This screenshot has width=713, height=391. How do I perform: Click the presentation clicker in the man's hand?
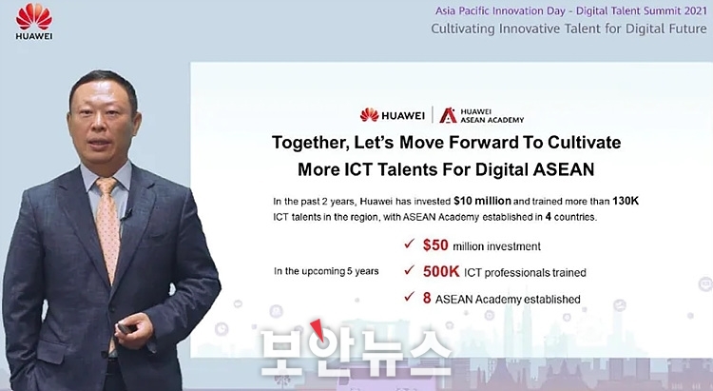click(x=125, y=328)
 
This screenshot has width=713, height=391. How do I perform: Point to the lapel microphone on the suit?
click(x=126, y=214)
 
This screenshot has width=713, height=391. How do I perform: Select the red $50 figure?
click(x=435, y=245)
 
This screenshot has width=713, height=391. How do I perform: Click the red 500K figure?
click(x=441, y=271)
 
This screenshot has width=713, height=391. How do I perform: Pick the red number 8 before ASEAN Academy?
click(x=427, y=298)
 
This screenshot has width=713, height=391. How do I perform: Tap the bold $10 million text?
click(x=482, y=201)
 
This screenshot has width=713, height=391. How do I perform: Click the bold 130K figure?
click(x=626, y=201)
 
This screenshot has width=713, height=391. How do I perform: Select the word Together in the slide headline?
click(x=311, y=143)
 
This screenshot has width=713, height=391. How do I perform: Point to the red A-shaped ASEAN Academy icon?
click(x=448, y=116)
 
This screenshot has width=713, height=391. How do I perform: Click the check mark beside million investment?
click(x=409, y=244)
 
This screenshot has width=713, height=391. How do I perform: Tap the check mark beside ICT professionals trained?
click(x=409, y=270)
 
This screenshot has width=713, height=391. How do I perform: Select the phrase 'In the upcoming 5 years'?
click(x=326, y=271)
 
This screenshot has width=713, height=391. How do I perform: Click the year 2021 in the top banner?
click(x=694, y=10)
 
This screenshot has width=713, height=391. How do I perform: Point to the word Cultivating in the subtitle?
click(x=463, y=29)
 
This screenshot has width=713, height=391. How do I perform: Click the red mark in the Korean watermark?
click(x=318, y=329)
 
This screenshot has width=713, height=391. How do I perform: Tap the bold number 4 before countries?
click(x=549, y=217)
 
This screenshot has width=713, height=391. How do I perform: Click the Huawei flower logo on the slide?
click(x=369, y=115)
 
